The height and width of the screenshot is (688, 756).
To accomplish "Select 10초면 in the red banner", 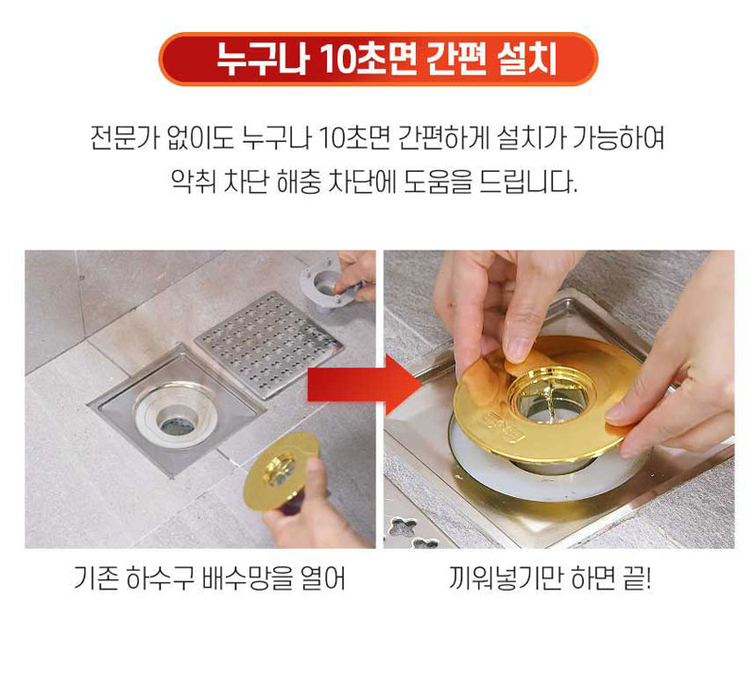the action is pyautogui.click(x=368, y=60).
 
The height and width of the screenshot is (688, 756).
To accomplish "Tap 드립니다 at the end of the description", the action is pyautogui.click(x=528, y=181).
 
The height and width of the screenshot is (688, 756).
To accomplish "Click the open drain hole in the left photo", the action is pyautogui.click(x=177, y=424).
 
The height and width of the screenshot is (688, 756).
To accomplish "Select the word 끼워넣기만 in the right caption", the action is pyautogui.click(x=506, y=578).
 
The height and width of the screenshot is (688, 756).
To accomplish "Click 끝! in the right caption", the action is pyautogui.click(x=636, y=578).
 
